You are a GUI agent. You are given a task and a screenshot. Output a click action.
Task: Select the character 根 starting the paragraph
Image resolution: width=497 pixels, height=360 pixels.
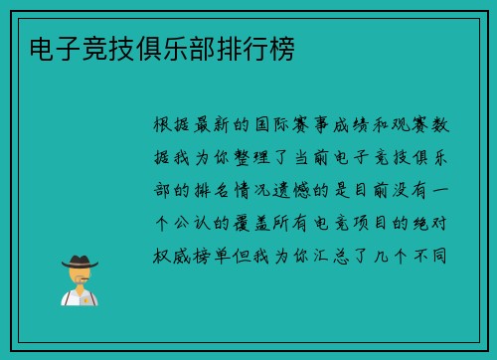pos(165,126)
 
